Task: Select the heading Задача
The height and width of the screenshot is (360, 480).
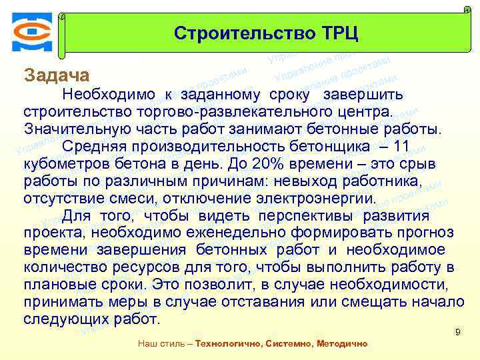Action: [56, 75]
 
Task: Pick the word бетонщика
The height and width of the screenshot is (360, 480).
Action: [347, 147]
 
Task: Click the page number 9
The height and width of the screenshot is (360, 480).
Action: [457, 331]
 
